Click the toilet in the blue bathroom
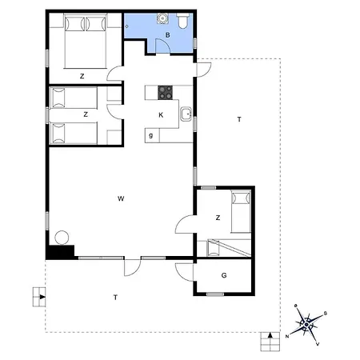point(183,21)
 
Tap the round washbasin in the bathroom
point(162,18)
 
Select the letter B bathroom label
point(167,35)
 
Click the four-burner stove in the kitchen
point(165,93)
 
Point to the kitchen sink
point(186,114)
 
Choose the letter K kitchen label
point(161,115)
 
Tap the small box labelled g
point(152,135)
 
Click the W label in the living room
point(121,198)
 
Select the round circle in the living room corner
point(62,238)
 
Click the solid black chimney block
point(60,252)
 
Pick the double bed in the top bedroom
point(86,42)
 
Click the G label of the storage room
point(224,275)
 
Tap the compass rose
point(306,325)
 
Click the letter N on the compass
point(287,336)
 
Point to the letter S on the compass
point(326,314)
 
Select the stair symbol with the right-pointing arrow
point(39,297)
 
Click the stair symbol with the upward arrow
point(270,342)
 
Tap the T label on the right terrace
point(239,119)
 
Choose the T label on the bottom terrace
point(115,297)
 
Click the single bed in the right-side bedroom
point(241,212)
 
